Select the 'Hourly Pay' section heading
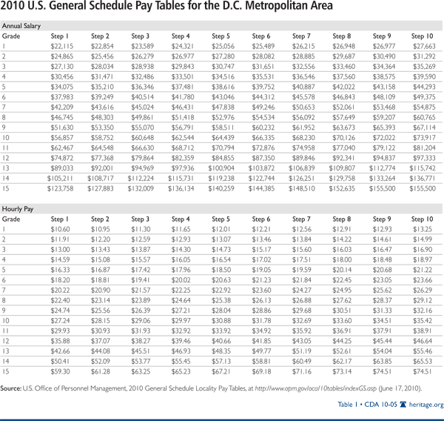point(17,209)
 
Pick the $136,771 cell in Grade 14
point(423,179)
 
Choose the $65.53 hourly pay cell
point(423,363)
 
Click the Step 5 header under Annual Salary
point(221,36)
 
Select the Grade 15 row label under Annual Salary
point(7,189)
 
